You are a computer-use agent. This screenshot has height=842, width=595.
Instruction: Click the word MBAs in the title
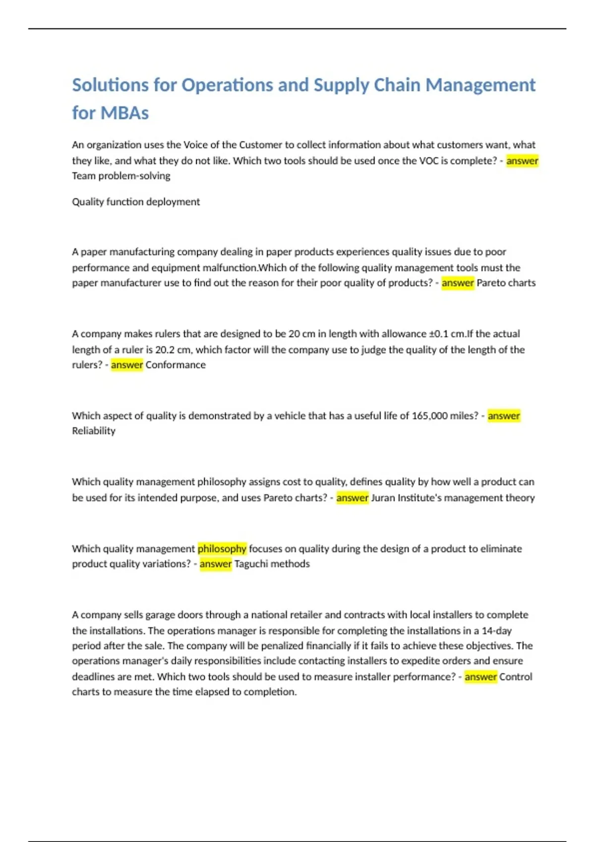(x=124, y=113)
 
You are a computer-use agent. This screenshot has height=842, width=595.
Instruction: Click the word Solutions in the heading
(x=110, y=85)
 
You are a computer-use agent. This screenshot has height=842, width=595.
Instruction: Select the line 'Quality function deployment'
(x=135, y=202)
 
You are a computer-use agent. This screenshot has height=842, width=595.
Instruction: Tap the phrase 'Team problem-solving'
(x=121, y=176)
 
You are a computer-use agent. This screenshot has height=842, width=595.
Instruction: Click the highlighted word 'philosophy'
(x=222, y=548)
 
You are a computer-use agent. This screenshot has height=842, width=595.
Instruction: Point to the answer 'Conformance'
(x=176, y=365)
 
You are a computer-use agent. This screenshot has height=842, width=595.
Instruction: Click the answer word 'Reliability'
(x=94, y=431)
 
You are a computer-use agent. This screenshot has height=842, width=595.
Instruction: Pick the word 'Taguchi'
(x=253, y=564)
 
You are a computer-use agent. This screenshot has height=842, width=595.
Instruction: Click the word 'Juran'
(x=383, y=498)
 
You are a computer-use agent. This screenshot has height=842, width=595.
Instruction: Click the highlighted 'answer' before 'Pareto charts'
(x=458, y=283)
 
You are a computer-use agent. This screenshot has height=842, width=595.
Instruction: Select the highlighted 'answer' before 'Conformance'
(x=127, y=365)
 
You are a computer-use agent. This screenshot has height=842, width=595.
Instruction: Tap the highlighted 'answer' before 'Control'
(x=480, y=677)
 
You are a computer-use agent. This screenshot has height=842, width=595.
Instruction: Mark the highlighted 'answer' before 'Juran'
(x=352, y=498)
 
